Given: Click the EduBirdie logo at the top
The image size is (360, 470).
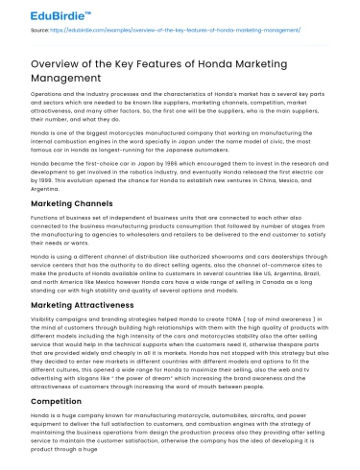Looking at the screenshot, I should coord(39,14).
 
